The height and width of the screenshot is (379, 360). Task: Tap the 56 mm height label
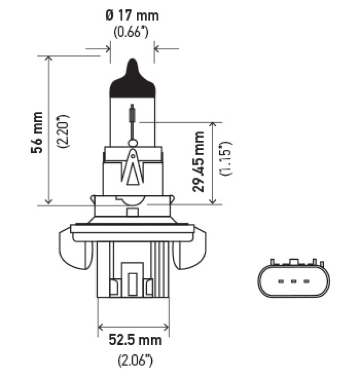(38, 133)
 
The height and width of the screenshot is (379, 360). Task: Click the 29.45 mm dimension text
(198, 161)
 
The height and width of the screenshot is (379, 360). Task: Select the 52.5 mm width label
(135, 340)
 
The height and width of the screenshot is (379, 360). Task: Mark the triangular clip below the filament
(132, 169)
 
